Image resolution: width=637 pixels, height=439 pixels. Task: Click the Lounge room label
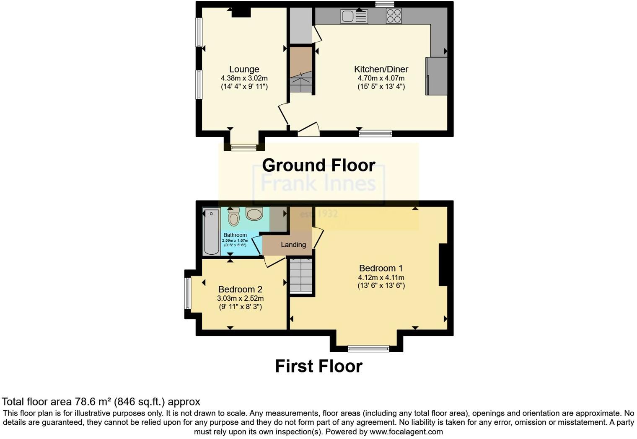pos(244,69)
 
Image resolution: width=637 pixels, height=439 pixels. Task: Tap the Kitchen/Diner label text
pos(381,69)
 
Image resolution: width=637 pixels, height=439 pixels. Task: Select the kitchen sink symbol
pos(354,16)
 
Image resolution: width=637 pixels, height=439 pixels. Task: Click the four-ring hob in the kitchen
pos(394,16)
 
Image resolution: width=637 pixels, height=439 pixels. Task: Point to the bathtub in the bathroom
pos(211,231)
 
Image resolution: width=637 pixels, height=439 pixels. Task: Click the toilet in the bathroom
pos(233,217)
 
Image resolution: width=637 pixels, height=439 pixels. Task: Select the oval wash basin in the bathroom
pos(254,214)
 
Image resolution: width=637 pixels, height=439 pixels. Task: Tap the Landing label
pos(293,245)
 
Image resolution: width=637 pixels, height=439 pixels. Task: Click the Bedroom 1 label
pos(381,268)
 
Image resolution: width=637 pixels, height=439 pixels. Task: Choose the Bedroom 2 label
pos(240,289)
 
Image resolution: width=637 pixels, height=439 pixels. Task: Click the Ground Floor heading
pos(318,165)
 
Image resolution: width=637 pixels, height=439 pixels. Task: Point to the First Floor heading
pos(318,366)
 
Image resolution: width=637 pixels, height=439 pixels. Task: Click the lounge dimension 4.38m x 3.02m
pos(244,78)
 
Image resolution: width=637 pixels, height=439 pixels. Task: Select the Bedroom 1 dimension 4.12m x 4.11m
pos(381,277)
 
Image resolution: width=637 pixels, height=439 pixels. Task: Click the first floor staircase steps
pos(301,276)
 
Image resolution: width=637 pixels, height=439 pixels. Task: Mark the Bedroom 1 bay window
pos(368,348)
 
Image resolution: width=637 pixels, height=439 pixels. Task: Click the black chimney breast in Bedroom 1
pos(443,265)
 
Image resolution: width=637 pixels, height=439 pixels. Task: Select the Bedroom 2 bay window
pos(188,293)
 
